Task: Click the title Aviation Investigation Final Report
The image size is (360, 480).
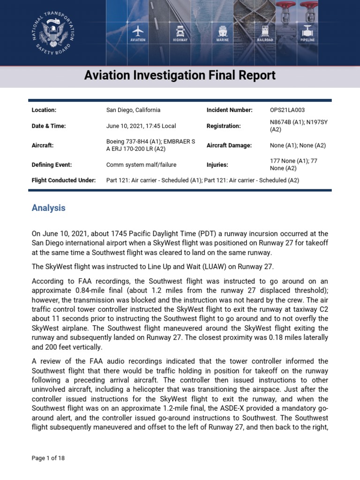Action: pos(180,75)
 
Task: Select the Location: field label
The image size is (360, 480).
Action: pos(44,110)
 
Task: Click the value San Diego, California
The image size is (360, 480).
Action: pos(133,110)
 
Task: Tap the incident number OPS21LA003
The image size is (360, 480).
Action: pos(287,110)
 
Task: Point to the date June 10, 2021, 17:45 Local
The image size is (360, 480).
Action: pos(141,126)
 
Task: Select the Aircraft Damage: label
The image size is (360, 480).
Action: pos(229,145)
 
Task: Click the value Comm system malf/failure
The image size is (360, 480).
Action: pos(142,165)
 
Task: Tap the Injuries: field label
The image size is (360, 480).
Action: pos(217,165)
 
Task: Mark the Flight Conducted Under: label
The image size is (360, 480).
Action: pos(64,180)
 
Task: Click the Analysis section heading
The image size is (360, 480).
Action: pos(49,208)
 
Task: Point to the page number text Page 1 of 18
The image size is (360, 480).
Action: pos(48,458)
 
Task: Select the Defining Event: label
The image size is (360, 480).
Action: pos(52,165)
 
